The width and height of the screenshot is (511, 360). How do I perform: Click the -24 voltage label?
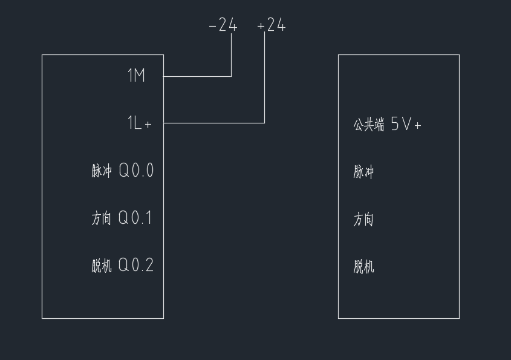point(223,25)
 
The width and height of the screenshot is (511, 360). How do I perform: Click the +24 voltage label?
point(271,25)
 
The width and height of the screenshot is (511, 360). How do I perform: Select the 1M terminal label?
point(136,76)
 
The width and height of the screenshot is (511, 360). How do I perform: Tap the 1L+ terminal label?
point(139,123)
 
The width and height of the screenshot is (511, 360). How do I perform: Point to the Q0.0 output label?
point(136,171)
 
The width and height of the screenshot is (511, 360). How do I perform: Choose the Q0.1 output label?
point(135,218)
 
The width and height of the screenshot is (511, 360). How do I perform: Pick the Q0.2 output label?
point(136,265)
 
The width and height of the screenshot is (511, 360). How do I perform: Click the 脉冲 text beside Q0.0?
point(102,171)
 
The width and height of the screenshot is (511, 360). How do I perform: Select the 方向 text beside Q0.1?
point(102,218)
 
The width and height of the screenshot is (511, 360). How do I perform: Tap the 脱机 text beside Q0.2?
point(102,266)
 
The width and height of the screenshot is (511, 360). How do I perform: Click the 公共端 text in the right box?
point(369,125)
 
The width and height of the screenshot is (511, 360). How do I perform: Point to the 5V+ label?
point(406,125)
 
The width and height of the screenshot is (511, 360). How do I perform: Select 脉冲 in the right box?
point(363,172)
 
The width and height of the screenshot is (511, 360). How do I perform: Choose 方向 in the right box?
point(363,219)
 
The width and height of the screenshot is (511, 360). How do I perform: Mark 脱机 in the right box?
point(363,266)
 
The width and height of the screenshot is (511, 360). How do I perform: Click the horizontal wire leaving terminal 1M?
point(197,77)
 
